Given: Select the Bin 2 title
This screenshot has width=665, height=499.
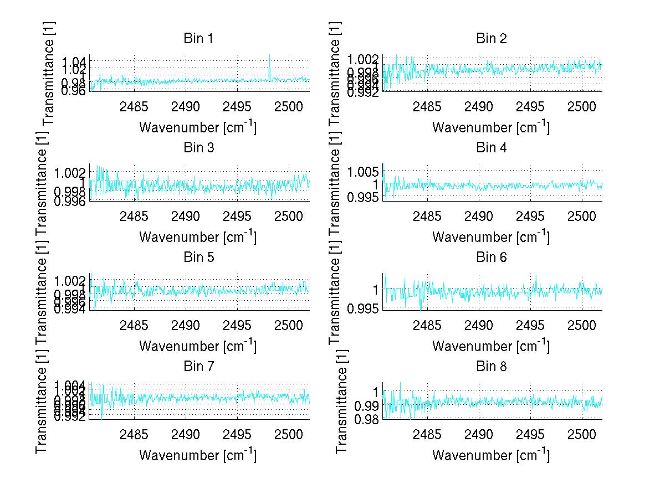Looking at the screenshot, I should click(x=491, y=39).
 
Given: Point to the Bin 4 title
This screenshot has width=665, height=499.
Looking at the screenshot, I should click(x=491, y=148).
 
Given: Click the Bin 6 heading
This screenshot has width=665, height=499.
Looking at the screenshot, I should click(x=491, y=258).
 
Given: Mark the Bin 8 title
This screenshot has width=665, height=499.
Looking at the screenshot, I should click(x=491, y=367).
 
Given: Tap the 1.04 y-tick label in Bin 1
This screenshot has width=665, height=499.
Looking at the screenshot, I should click(x=73, y=60).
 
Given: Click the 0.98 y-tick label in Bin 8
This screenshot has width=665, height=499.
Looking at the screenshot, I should click(x=366, y=419).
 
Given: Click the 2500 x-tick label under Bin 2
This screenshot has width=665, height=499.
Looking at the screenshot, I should click(x=582, y=106).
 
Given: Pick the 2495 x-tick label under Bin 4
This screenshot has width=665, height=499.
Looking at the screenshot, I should click(x=530, y=215).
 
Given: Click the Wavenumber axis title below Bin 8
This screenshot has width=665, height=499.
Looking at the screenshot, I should click(x=490, y=455).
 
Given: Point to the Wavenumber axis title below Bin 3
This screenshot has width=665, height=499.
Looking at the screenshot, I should click(x=197, y=236).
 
